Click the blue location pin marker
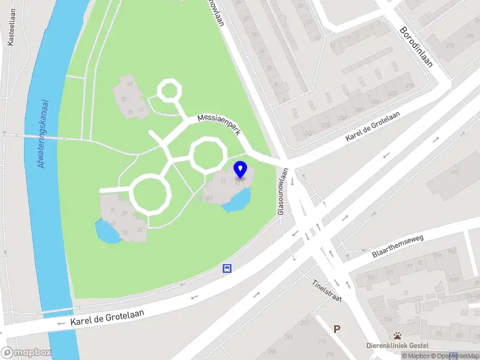241,170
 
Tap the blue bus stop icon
227,268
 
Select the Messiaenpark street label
220,125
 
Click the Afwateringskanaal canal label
43,134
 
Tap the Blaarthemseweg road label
397,247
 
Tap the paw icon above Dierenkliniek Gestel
397,335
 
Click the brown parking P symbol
337,329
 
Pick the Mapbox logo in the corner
26,353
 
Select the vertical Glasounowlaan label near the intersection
281,191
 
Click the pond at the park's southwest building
107,232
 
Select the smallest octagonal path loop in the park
169,91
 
